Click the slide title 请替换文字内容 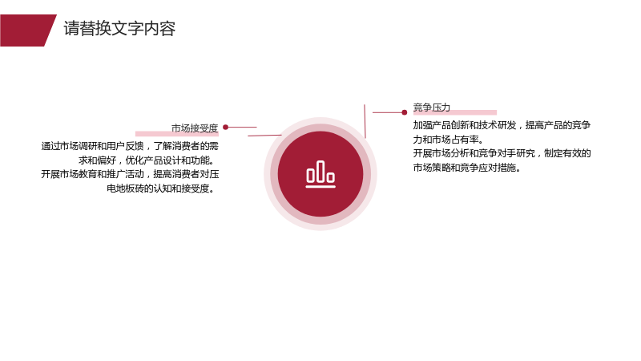(x=119, y=29)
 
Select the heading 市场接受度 (x=195, y=128)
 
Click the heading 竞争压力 (x=432, y=107)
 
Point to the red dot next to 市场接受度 (x=226, y=128)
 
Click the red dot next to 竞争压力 (x=405, y=112)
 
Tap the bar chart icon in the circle (x=320, y=174)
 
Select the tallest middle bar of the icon (x=320, y=171)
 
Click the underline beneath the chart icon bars (x=320, y=187)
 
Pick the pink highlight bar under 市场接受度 (x=176, y=134)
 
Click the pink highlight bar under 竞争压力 (x=455, y=112)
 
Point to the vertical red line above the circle (x=365, y=121)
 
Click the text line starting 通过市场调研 (x=130, y=146)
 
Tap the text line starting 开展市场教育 (x=130, y=174)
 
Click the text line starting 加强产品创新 (x=502, y=125)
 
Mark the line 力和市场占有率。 (x=449, y=140)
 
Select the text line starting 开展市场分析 (x=502, y=153)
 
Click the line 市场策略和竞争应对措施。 (x=467, y=168)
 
